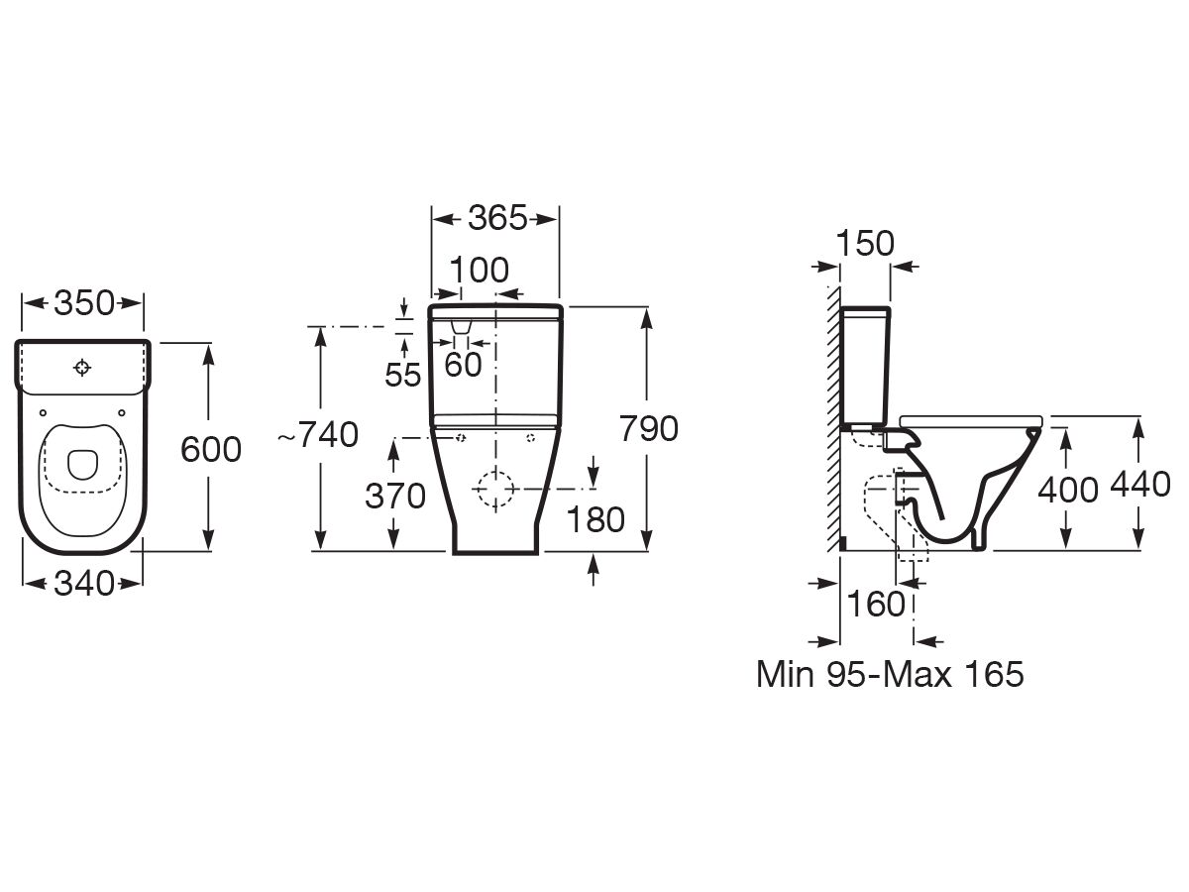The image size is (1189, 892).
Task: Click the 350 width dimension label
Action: tap(83, 304)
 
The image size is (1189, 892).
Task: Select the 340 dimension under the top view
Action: tap(83, 584)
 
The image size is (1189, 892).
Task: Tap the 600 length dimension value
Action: tap(210, 450)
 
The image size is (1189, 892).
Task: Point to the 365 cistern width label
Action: tap(496, 218)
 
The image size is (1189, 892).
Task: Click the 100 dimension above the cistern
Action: tap(479, 270)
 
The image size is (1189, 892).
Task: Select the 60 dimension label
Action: tap(463, 365)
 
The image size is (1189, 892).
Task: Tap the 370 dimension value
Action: tap(394, 496)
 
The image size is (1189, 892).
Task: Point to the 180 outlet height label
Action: tap(595, 518)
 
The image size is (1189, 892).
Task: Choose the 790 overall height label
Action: tap(648, 429)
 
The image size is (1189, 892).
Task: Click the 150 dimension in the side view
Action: tap(864, 243)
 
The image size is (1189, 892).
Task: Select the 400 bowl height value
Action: tap(1067, 490)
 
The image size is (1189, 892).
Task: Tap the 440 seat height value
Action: tap(1140, 486)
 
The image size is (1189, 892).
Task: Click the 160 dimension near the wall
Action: tap(877, 604)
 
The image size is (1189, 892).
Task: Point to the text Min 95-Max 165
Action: tap(889, 675)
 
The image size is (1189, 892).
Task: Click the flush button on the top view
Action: tap(82, 368)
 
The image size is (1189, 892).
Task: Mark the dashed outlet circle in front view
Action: tap(494, 489)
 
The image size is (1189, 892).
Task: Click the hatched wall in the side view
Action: tap(832, 416)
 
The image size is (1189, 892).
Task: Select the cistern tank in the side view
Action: tap(867, 367)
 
